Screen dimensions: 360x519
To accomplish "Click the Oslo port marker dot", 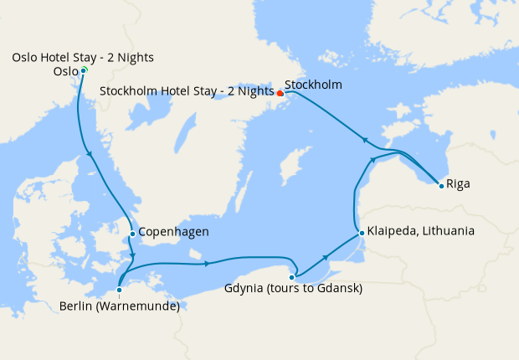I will (84, 71).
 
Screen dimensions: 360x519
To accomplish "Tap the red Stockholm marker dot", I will (280, 93).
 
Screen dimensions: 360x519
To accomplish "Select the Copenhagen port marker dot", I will (132, 234).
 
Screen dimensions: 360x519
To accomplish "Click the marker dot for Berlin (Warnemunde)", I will (120, 291).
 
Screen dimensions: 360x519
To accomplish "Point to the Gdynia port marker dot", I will (292, 277).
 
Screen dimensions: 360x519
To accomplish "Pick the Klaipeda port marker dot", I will (361, 232).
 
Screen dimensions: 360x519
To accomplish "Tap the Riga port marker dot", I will (441, 185).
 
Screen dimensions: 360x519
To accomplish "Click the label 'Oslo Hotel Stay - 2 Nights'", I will (83, 57).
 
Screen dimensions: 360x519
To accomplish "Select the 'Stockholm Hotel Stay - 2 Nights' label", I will (187, 90).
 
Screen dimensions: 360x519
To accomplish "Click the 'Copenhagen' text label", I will (173, 232).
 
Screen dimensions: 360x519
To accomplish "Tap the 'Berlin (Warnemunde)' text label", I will (120, 306).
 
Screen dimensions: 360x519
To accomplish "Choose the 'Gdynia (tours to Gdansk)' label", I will (293, 290).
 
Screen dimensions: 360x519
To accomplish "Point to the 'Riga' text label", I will (458, 183).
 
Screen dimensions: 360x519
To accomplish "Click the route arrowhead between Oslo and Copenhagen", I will (89, 154).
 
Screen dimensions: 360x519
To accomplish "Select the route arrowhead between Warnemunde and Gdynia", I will (206, 265).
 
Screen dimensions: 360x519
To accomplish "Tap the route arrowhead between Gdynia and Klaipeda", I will (325, 259).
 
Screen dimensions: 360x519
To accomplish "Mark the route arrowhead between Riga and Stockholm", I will (363, 138).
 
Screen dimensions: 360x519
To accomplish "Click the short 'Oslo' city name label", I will (64, 72).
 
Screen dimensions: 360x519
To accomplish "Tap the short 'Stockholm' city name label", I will (313, 85).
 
